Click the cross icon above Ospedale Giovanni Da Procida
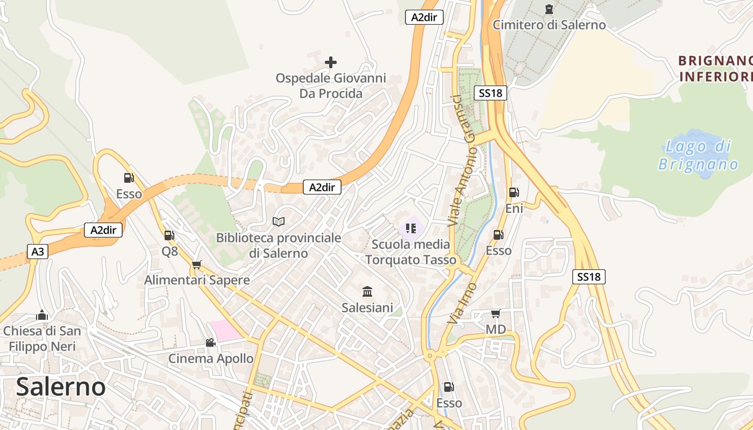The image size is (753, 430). (x=331, y=62)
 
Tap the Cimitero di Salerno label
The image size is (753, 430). (x=549, y=25)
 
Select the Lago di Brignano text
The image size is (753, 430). (x=698, y=155)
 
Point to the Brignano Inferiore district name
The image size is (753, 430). (x=715, y=68)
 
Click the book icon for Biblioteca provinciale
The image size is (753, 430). (x=279, y=221)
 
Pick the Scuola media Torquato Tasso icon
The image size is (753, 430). (x=411, y=228)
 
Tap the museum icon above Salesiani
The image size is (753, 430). (x=367, y=292)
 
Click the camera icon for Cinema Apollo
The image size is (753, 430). (x=210, y=342)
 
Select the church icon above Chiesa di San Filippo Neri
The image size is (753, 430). (x=42, y=315)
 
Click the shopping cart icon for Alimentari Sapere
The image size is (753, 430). (x=196, y=264)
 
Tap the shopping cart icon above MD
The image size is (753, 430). (x=495, y=313)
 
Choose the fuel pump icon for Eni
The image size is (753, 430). (x=514, y=192)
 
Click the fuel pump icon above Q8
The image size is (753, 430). (x=169, y=235)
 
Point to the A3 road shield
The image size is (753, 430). (x=38, y=252)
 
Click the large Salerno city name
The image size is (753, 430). (x=61, y=387)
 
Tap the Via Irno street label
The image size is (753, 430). (x=461, y=303)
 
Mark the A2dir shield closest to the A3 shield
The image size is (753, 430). (x=103, y=230)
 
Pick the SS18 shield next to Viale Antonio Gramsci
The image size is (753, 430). (x=490, y=93)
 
